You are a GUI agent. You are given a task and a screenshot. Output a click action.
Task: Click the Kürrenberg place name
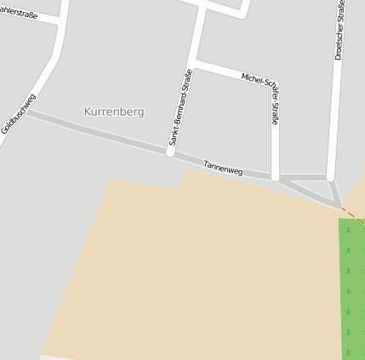115,111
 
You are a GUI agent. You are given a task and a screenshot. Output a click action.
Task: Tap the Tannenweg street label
223,167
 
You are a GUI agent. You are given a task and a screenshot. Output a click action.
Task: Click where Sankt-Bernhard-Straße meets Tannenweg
170,154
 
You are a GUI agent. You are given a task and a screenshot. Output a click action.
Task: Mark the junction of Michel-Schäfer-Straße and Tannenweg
275,177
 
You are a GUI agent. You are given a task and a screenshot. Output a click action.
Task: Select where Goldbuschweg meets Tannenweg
27,112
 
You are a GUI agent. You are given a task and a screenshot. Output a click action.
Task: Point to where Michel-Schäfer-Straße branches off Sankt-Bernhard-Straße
195,63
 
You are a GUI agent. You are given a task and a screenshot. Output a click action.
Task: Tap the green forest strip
351,289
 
